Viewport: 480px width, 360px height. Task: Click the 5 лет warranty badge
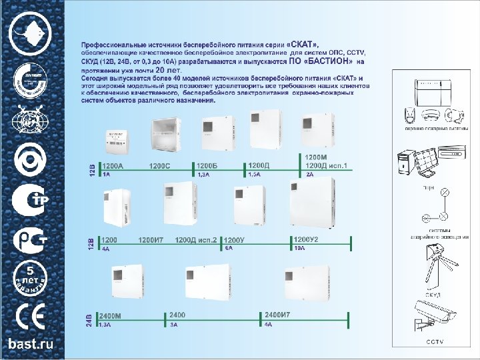[x=30, y=277]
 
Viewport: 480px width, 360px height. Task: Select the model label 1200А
[x=113, y=165]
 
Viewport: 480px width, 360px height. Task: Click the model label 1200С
[x=159, y=165]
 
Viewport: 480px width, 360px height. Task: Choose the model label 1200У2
[x=306, y=239]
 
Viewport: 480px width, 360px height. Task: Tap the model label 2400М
[x=110, y=315]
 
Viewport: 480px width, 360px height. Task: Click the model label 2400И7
[x=277, y=315]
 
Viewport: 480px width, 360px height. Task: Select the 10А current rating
[x=299, y=248]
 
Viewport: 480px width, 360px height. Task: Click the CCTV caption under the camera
[x=435, y=342]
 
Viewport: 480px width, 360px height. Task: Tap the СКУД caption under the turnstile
[x=433, y=293]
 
